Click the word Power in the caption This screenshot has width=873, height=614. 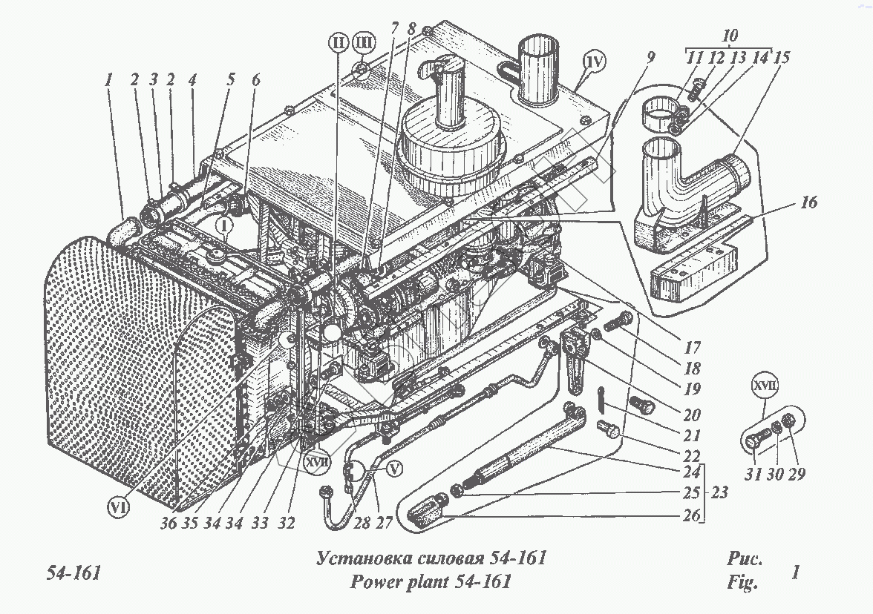coord(375,582)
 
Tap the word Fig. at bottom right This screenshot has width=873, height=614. coord(742,583)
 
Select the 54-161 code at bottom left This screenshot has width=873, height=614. coord(73,575)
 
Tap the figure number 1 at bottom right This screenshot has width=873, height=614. coord(796,573)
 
